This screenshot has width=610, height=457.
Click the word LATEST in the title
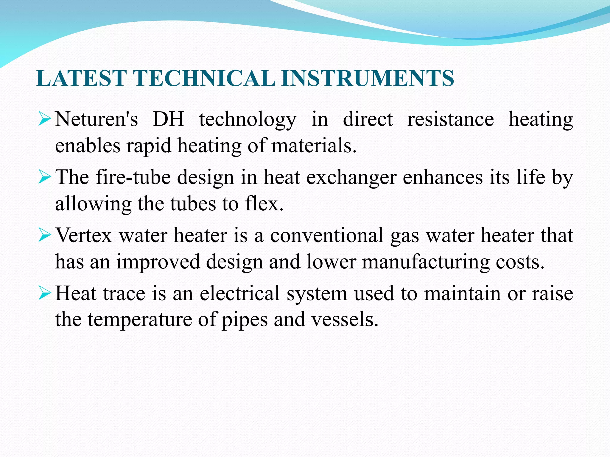(x=81, y=78)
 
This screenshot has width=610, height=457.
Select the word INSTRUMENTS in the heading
(x=367, y=78)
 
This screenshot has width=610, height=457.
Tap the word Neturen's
(x=97, y=120)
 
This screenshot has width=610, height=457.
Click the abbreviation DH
(x=168, y=120)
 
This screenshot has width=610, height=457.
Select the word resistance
(x=450, y=120)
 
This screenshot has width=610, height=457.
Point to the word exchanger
(x=351, y=178)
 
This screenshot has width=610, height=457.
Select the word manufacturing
(x=425, y=262)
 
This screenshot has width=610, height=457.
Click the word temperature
(x=140, y=320)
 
